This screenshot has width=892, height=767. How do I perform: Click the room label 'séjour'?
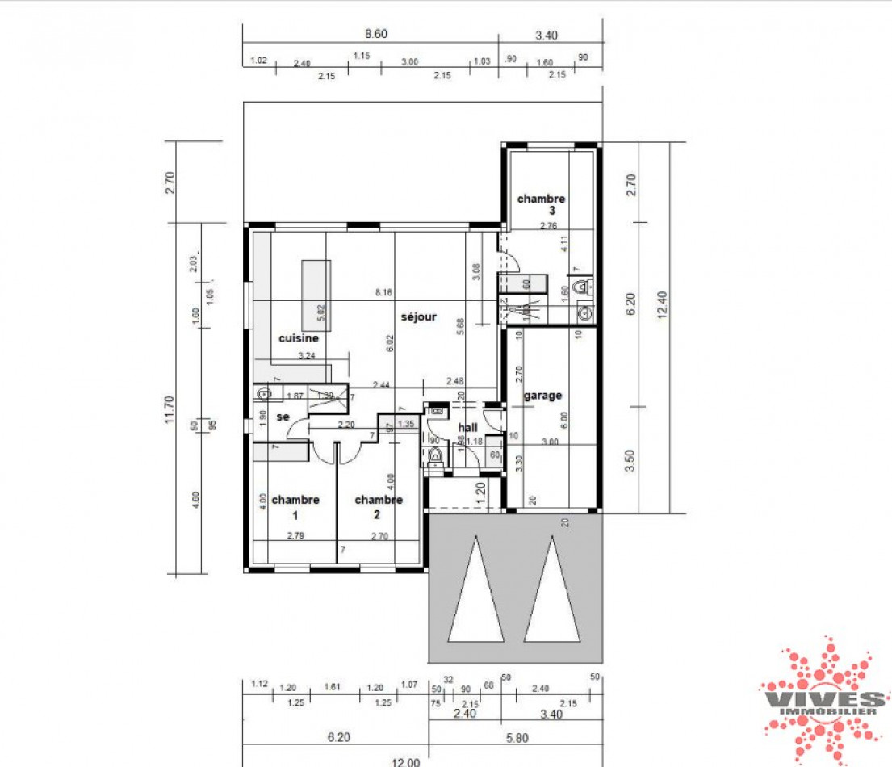[419, 317]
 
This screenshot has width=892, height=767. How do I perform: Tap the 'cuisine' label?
[299, 339]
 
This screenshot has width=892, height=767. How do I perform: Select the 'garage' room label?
[542, 396]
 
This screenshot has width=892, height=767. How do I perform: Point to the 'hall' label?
[468, 427]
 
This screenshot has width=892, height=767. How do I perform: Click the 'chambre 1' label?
[295, 506]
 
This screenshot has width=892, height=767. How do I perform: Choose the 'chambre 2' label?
[378, 506]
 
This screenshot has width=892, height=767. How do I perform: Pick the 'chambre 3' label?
[542, 204]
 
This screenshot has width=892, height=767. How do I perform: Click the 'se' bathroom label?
[283, 417]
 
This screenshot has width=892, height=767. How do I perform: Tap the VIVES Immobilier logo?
[823, 701]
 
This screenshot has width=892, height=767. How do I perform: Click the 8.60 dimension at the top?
[376, 34]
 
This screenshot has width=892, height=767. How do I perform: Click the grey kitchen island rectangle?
[316, 291]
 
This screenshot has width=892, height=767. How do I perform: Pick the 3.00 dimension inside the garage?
[550, 442]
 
